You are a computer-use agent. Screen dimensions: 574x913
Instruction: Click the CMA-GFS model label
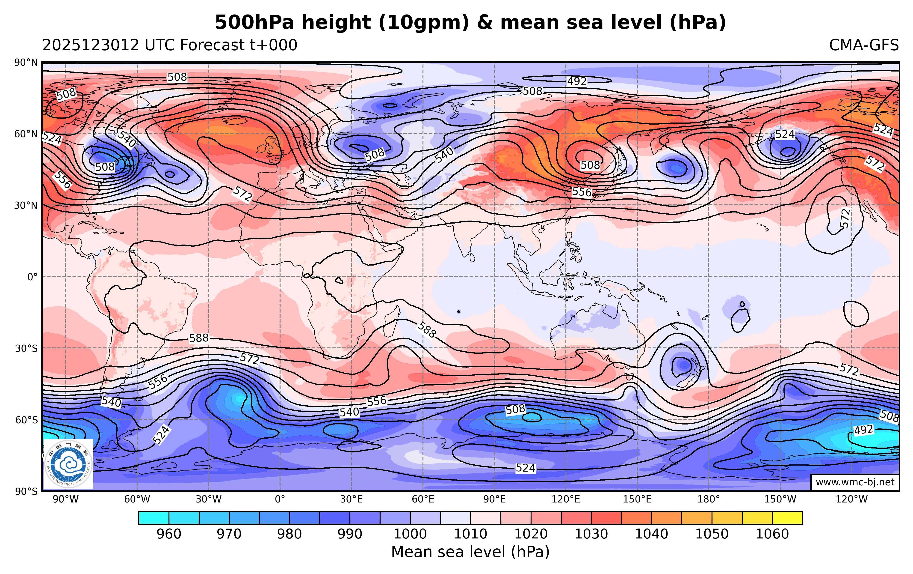pyautogui.click(x=863, y=45)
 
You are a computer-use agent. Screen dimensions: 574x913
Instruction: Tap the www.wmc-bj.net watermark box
pyautogui.click(x=855, y=482)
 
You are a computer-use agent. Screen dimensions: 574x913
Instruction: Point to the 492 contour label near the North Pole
pyautogui.click(x=577, y=81)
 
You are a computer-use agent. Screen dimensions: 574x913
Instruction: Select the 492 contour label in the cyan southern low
pyautogui.click(x=863, y=430)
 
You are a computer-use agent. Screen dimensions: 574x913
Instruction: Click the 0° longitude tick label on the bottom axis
pyautogui.click(x=280, y=499)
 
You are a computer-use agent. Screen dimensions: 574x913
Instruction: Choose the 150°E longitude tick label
pyautogui.click(x=637, y=499)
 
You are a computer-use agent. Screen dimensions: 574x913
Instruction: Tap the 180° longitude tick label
pyautogui.click(x=709, y=499)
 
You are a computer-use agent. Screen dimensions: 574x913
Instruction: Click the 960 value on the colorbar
pyautogui.click(x=169, y=534)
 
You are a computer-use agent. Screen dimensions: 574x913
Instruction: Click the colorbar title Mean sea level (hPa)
pyautogui.click(x=470, y=552)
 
